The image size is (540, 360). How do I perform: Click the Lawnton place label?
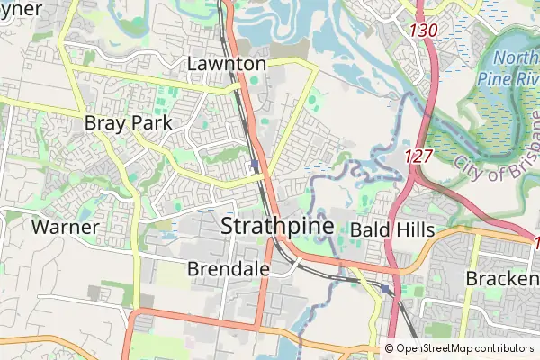(x=227, y=64)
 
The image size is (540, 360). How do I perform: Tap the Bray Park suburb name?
(x=128, y=122)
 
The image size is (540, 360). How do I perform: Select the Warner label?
(x=65, y=227)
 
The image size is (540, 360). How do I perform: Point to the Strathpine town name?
(x=277, y=225)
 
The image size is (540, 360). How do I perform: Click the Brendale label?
(x=229, y=268)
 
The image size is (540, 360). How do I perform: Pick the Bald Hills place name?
(x=392, y=229)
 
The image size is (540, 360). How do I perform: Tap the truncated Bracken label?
(x=502, y=279)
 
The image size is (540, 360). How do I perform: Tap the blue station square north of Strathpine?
(x=256, y=165)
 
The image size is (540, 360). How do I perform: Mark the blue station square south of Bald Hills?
(x=384, y=289)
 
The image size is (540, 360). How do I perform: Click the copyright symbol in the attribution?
(x=390, y=348)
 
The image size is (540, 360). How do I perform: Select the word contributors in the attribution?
(x=505, y=348)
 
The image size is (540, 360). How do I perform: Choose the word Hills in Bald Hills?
(x=414, y=229)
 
